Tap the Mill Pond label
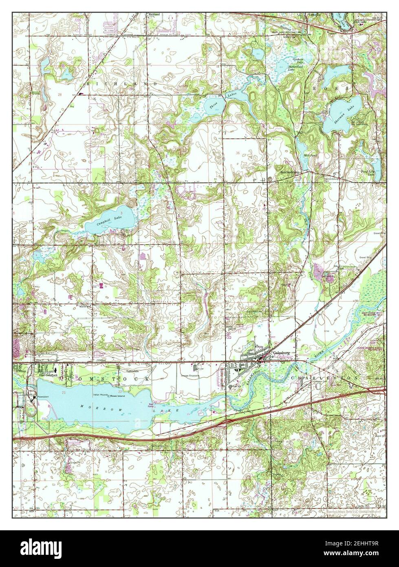pyautogui.click(x=311, y=155)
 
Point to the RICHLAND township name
pyautogui.click(x=121, y=83)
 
